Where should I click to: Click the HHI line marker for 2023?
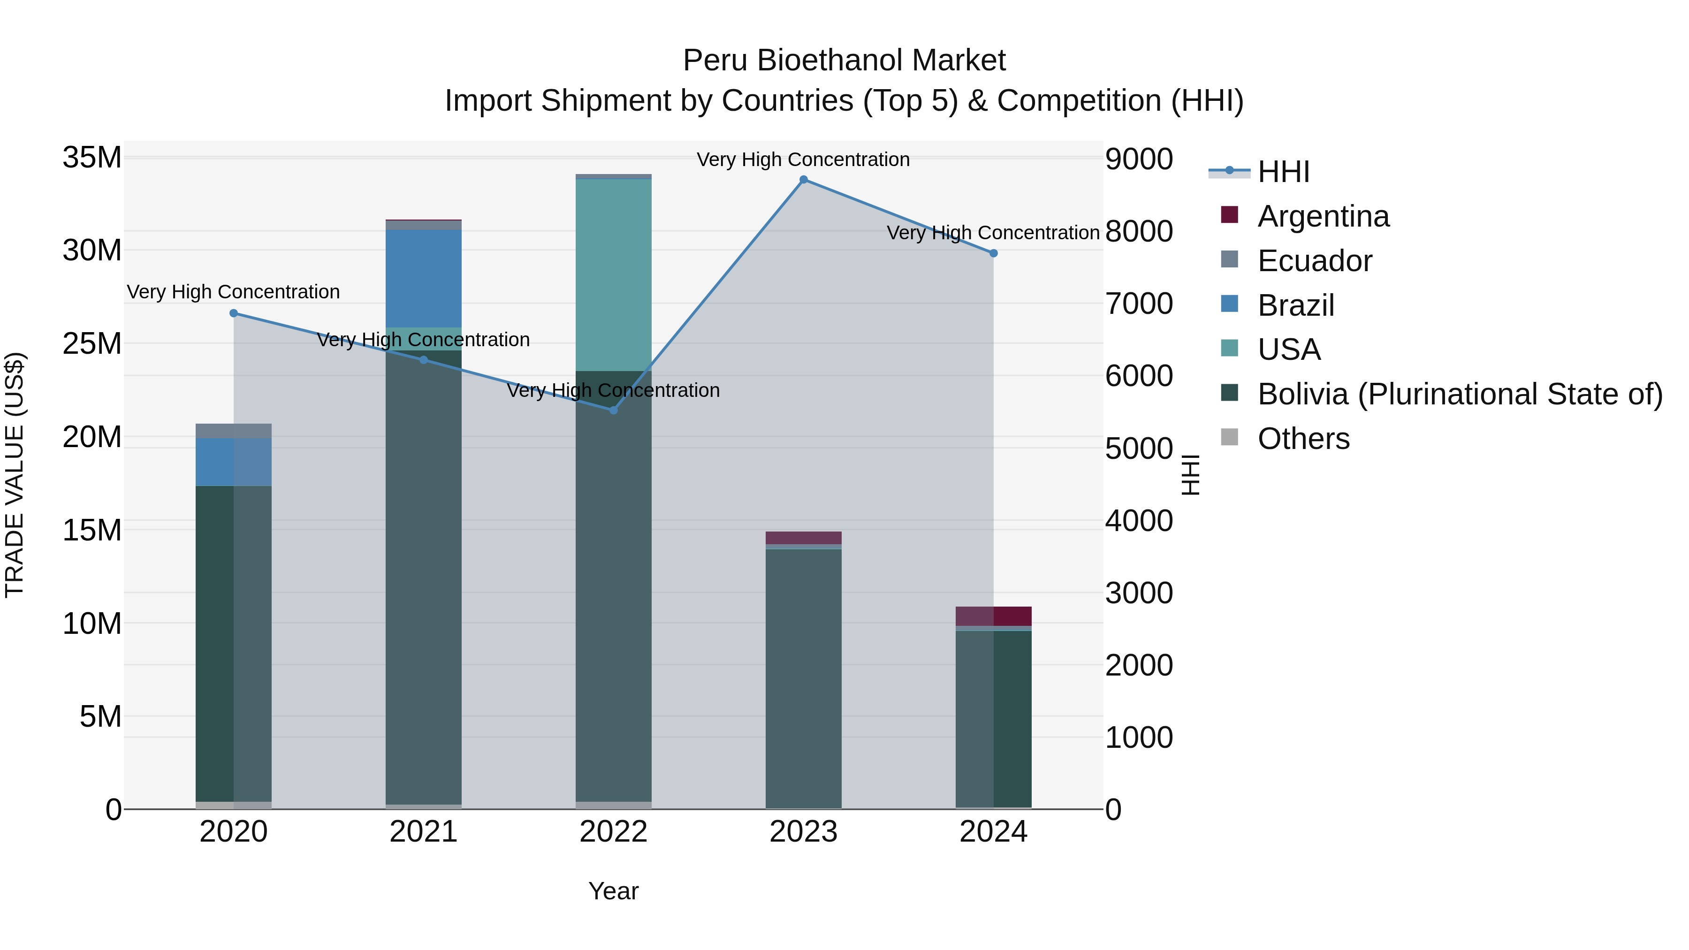coord(803,180)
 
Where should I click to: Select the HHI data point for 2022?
coord(614,410)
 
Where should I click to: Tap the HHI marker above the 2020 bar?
coord(234,313)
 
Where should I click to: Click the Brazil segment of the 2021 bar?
coord(424,279)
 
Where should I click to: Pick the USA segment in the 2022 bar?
coord(614,275)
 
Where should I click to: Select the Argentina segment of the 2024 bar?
coord(993,616)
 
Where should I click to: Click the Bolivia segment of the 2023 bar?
coord(803,678)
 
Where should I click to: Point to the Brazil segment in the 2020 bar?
coord(234,462)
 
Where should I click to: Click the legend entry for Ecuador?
coord(1314,261)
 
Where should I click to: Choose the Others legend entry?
coord(1303,439)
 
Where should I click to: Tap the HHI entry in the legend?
coord(1283,172)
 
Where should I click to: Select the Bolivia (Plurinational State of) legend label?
coord(1460,394)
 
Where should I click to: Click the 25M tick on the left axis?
coord(92,343)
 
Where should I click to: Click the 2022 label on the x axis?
coord(614,832)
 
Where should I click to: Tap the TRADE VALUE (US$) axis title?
coord(15,475)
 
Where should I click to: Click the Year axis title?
coord(613,891)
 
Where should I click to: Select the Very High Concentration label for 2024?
coord(993,233)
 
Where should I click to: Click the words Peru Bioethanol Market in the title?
coord(844,61)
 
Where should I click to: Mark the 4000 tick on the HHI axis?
coord(1139,521)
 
